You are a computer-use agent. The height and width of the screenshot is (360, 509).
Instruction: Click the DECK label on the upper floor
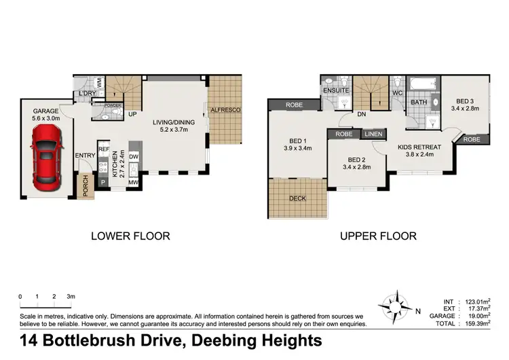pyautogui.click(x=297, y=198)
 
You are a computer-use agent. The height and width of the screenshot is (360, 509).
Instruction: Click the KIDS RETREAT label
pyautogui.click(x=419, y=147)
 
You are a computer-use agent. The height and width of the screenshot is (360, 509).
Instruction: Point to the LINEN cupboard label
pyautogui.click(x=373, y=134)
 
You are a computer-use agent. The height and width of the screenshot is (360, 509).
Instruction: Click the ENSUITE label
pyautogui.click(x=336, y=90)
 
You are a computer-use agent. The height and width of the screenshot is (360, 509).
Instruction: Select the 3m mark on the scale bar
pyautogui.click(x=71, y=297)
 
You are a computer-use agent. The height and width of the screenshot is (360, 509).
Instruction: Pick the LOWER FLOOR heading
pyautogui.click(x=130, y=236)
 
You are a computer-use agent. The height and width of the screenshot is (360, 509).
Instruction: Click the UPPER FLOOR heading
pyautogui.click(x=378, y=236)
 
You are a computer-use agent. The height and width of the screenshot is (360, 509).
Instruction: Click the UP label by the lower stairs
pyautogui.click(x=133, y=114)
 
